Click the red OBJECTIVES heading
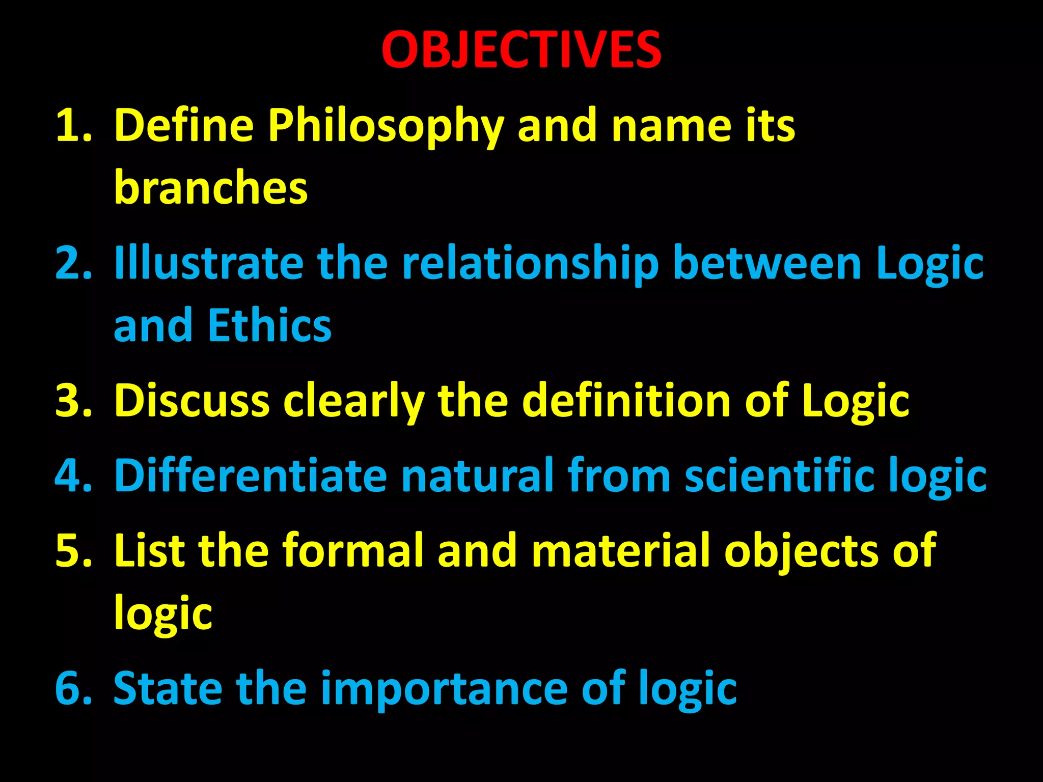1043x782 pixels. tap(521, 49)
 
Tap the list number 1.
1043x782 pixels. tap(73, 126)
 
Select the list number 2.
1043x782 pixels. tap(73, 263)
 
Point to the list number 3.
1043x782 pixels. tap(73, 401)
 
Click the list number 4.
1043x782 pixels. tap(73, 476)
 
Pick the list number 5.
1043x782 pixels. tap(73, 550)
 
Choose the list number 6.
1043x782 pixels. tap(73, 688)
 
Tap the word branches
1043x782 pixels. tap(211, 187)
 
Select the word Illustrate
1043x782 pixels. tap(209, 263)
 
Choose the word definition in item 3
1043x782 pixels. tap(627, 401)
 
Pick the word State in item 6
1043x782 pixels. tap(168, 688)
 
